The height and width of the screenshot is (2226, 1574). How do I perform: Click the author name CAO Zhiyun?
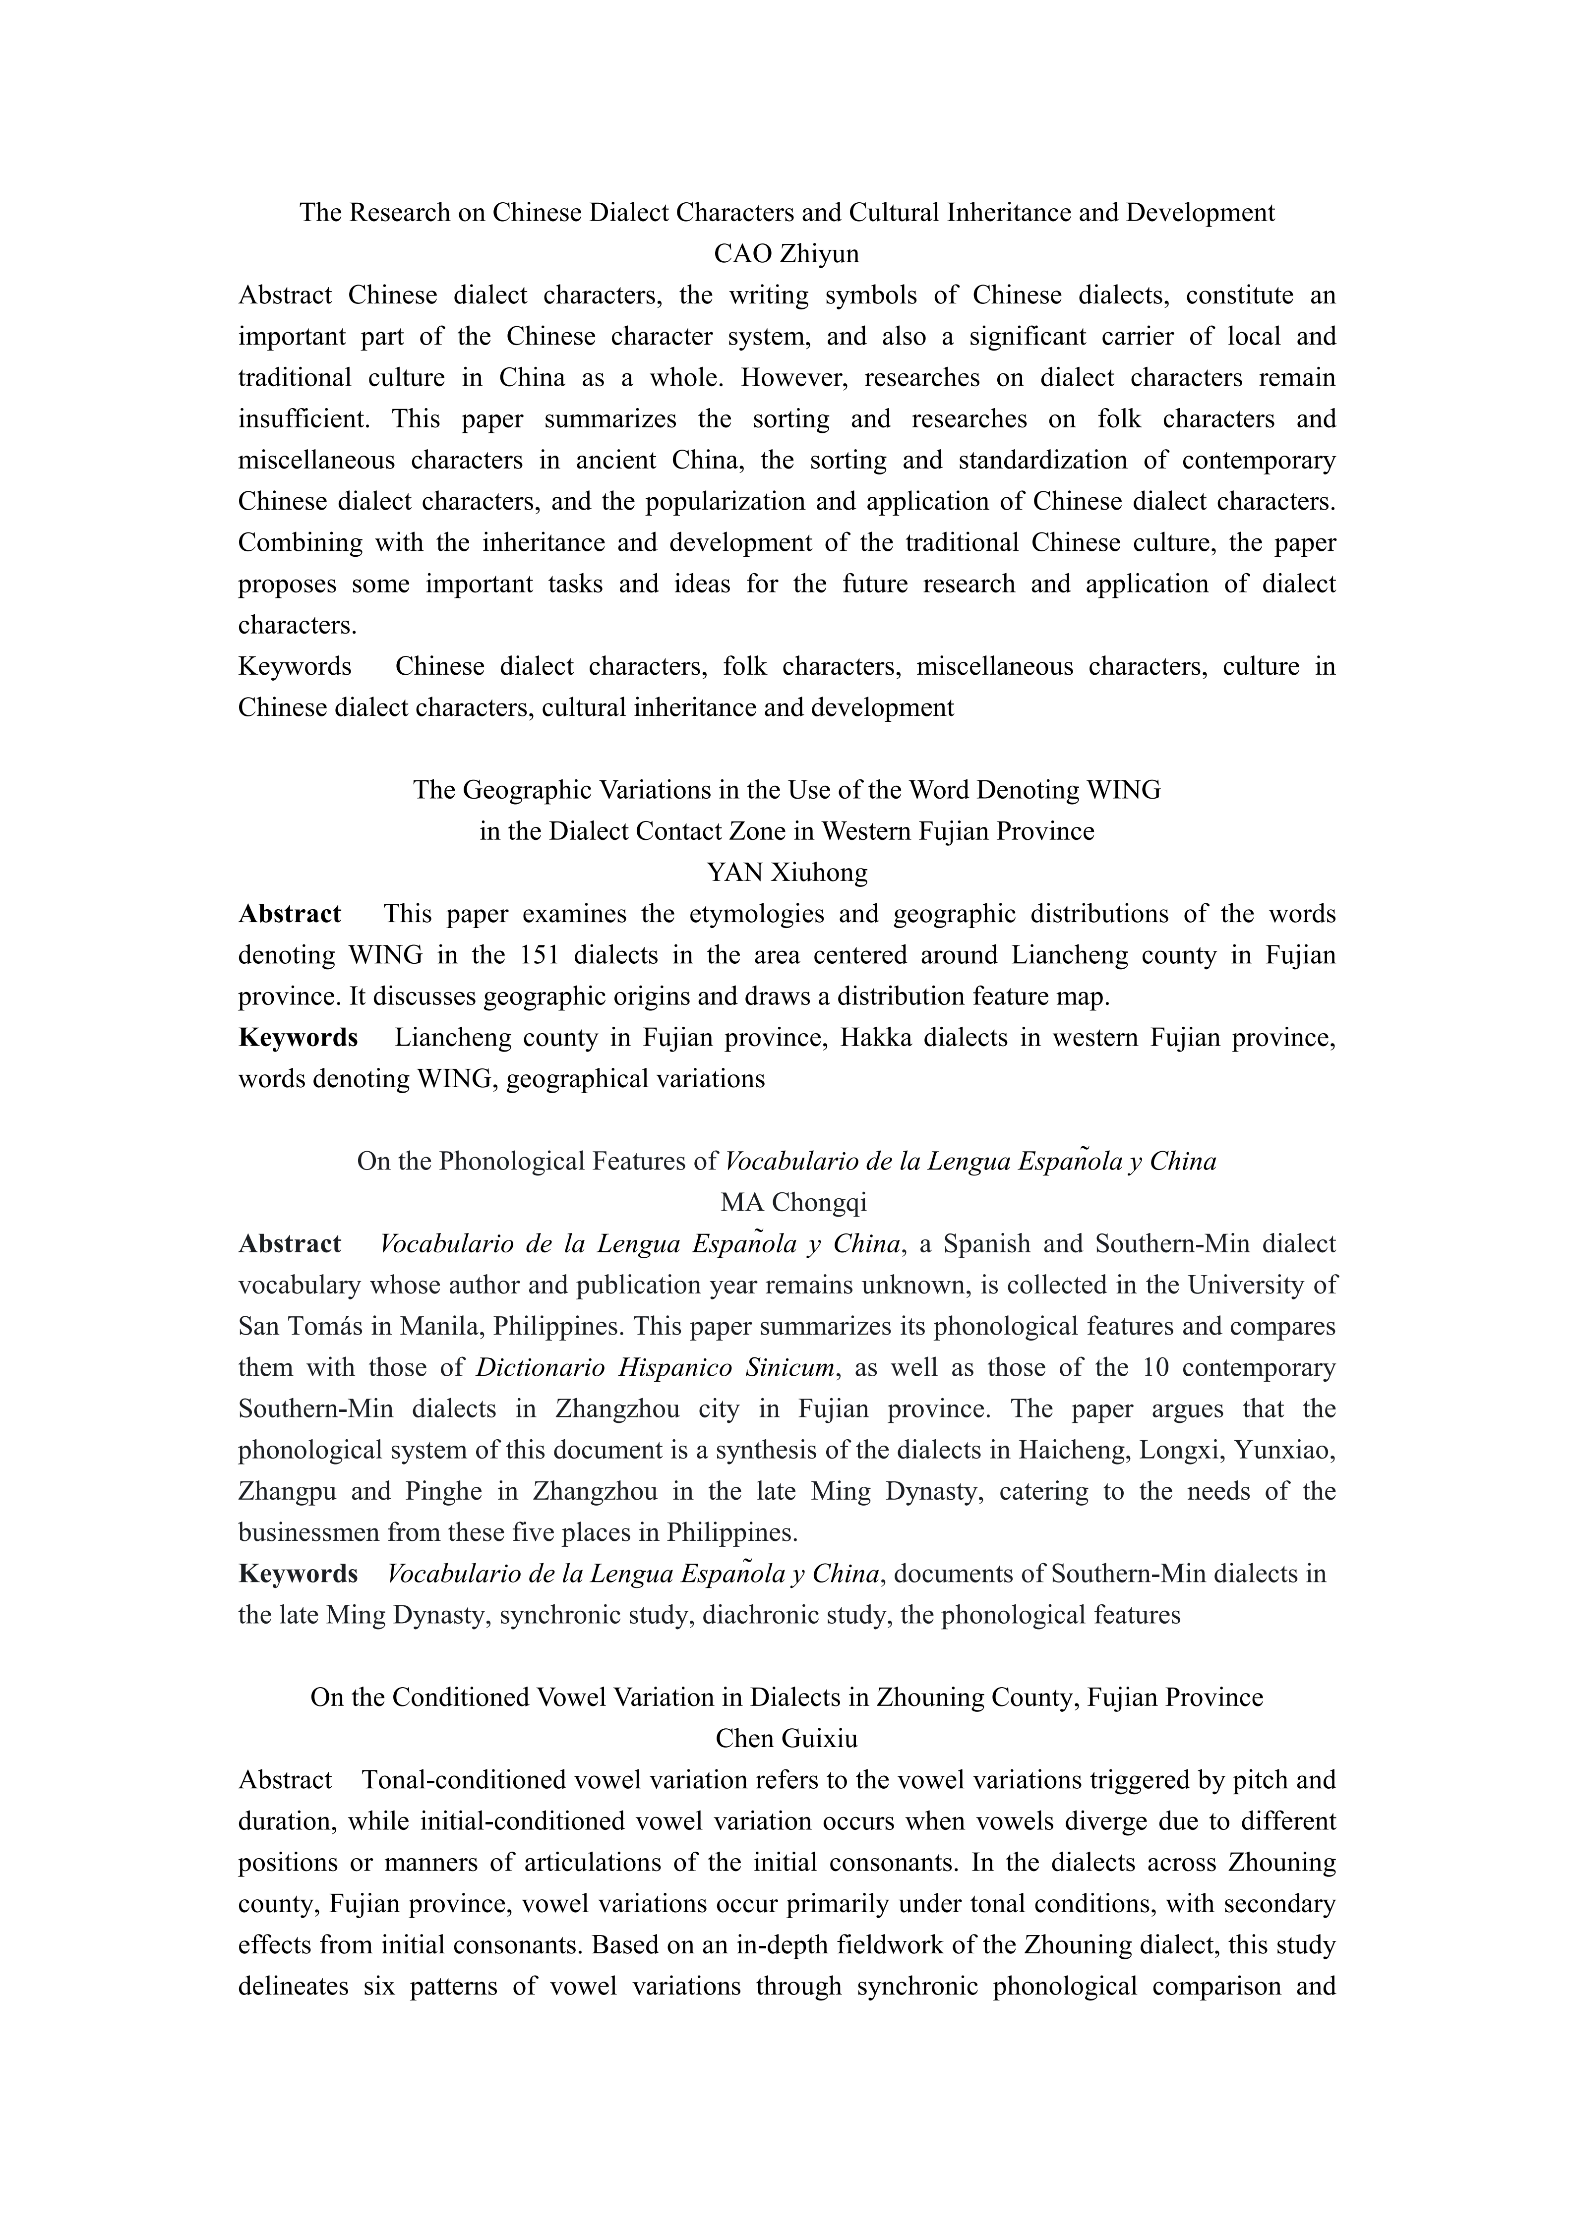(787, 254)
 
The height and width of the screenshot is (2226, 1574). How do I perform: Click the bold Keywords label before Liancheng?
(298, 1038)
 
